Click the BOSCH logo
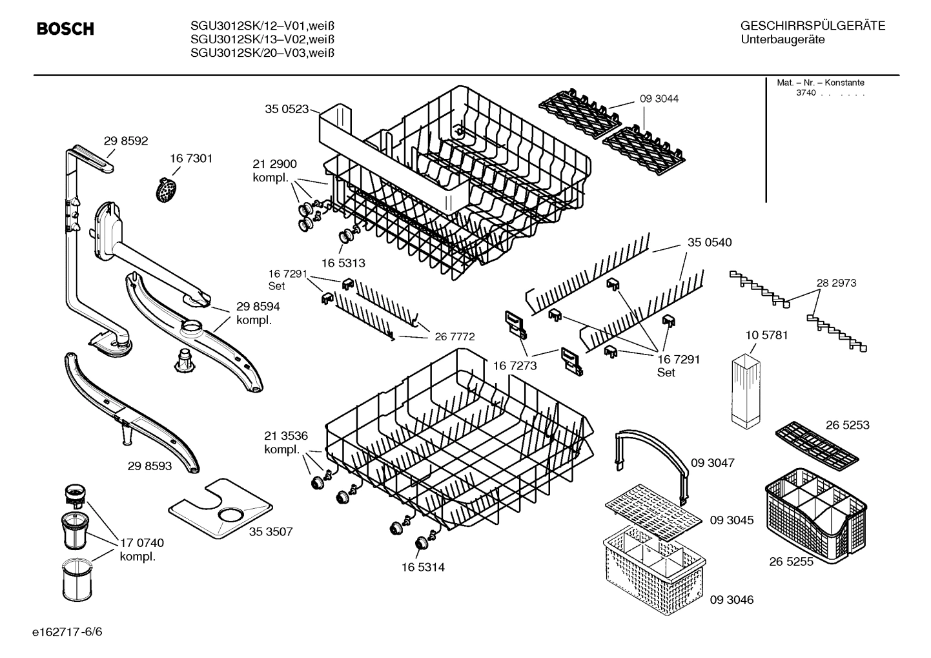65,29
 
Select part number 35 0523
287,109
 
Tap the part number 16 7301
191,158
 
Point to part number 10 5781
766,335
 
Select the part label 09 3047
712,463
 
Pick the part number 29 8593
150,465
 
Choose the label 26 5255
791,562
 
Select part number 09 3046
731,600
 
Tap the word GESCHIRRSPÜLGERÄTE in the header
813,26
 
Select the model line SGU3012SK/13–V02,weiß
262,39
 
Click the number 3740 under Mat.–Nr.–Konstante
806,93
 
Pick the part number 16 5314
423,568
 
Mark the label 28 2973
836,283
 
